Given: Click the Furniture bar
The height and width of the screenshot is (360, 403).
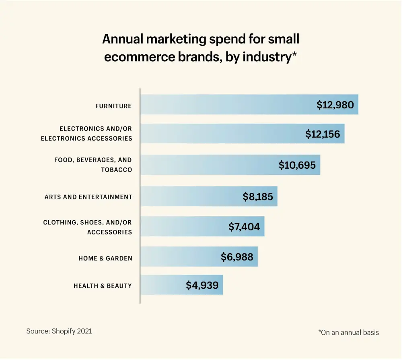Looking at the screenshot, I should (x=225, y=105).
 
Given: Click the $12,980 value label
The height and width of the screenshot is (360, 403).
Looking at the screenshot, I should (x=335, y=105).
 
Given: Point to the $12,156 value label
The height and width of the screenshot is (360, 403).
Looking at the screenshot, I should (x=323, y=134).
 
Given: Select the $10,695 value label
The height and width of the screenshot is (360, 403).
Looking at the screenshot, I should (x=297, y=165).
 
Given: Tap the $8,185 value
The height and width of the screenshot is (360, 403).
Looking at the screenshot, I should (x=258, y=197).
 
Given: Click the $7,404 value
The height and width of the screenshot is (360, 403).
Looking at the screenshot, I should (x=244, y=227).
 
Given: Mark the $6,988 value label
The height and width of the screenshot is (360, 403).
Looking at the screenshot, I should (x=237, y=257).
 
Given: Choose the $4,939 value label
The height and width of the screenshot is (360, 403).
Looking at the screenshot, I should (x=202, y=286).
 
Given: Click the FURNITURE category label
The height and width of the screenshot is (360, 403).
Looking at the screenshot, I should (x=113, y=106).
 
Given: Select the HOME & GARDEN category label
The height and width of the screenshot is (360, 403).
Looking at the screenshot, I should (x=105, y=259).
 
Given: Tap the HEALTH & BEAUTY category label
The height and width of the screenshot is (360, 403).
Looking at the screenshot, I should (x=103, y=286).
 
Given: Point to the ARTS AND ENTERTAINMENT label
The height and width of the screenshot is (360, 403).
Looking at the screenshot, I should (x=88, y=197).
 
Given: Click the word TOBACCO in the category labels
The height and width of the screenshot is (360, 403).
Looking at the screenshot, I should (x=117, y=170).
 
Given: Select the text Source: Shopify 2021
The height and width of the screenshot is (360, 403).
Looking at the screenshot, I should (x=59, y=331).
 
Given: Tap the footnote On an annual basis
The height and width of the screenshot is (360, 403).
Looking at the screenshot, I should (x=349, y=333).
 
